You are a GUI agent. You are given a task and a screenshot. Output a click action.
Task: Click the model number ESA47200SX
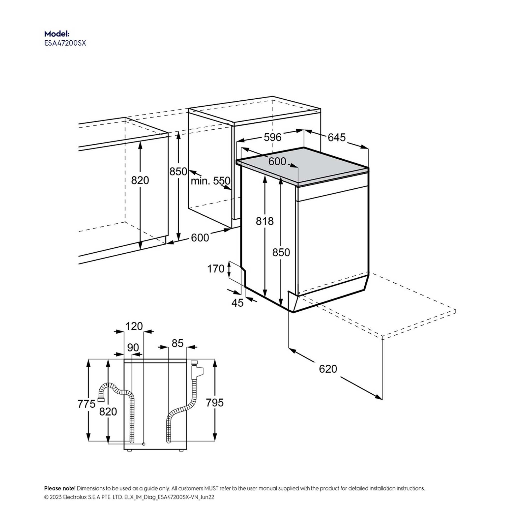coord(65,43)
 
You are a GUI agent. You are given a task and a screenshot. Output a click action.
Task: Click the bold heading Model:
coord(57,34)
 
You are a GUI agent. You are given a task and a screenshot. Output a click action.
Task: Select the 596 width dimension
coord(273,137)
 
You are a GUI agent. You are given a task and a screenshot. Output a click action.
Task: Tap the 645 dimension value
coord(337,137)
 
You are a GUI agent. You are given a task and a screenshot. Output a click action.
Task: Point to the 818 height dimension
coord(264,221)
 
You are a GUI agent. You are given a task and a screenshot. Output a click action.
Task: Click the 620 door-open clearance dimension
coord(328,369)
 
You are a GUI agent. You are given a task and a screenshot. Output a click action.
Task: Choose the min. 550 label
coord(210,181)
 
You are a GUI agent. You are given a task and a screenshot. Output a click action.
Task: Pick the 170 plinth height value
coord(216,269)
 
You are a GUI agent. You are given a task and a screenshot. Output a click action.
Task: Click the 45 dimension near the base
coord(237,303)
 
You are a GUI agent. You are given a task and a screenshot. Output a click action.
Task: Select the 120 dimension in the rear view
coord(134,326)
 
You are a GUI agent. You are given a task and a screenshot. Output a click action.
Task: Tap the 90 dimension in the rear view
coord(133,348)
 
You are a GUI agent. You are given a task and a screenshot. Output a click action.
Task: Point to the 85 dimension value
coord(177,343)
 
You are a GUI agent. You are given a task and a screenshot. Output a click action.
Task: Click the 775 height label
coord(86,404)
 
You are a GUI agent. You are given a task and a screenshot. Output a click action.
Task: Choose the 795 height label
coord(215,403)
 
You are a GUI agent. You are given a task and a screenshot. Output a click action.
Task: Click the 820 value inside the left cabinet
coord(140,181)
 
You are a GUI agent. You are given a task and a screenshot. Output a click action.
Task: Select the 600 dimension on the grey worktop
coord(277,161)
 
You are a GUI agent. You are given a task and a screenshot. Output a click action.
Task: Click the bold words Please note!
coord(60,488)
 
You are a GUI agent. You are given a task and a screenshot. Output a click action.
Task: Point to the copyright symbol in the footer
coord(46,497)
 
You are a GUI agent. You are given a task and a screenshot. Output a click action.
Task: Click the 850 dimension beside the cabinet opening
coord(178,172)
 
